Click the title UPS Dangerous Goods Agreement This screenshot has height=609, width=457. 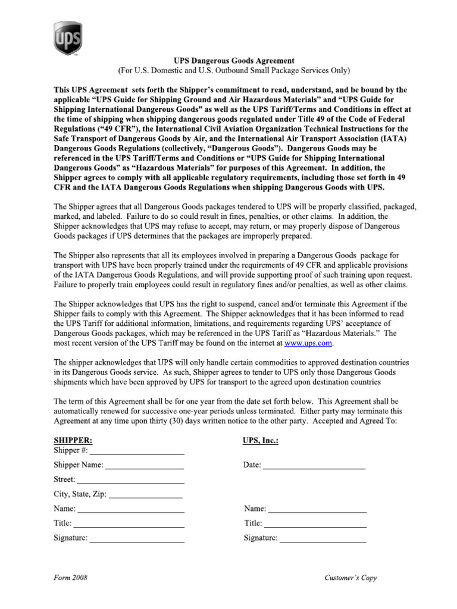[x=233, y=61]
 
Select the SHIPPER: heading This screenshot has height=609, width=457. [x=73, y=441]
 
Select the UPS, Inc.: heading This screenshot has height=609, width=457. [x=261, y=441]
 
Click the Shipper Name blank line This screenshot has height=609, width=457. [x=145, y=466]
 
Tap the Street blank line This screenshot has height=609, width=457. [x=130, y=480]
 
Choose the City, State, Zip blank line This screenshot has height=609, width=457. [x=146, y=494]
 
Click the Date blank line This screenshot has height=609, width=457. [x=314, y=466]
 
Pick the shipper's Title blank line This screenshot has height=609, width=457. [x=129, y=524]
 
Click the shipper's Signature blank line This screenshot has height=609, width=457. [x=137, y=538]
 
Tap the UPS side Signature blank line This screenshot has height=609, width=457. [x=323, y=538]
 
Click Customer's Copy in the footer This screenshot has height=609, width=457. [x=351, y=577]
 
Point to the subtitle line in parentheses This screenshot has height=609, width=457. [x=233, y=71]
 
